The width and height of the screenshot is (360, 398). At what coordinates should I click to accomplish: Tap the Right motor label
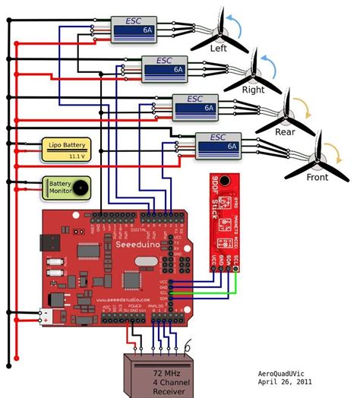pyautogui.click(x=253, y=90)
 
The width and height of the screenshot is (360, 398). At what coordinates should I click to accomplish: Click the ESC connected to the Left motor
pyautogui.click(x=133, y=29)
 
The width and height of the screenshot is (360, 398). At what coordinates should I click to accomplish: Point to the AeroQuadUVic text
pyautogui.click(x=288, y=374)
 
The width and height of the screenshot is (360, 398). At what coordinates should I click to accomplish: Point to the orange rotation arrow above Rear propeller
pyautogui.click(x=298, y=105)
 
